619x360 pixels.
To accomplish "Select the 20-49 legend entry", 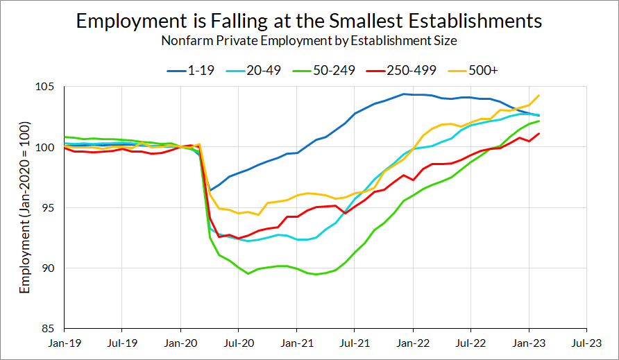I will pyautogui.click(x=253, y=70).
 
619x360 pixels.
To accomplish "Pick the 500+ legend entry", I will pyautogui.click(x=468, y=70).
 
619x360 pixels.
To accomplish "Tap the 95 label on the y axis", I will pyautogui.click(x=51, y=207).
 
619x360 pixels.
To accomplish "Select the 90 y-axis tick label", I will pyautogui.click(x=51, y=268).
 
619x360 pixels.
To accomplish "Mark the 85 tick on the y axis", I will pyautogui.click(x=51, y=328).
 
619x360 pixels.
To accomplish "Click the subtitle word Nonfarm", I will pyautogui.click(x=185, y=40).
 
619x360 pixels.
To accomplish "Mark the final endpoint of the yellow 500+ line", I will pyautogui.click(x=539, y=96).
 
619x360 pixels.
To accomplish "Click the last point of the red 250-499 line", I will pyautogui.click(x=539, y=134).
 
